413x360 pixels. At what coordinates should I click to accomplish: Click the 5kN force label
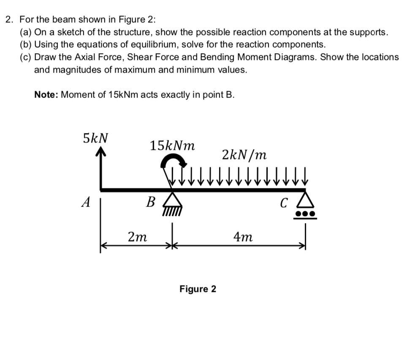[95, 138]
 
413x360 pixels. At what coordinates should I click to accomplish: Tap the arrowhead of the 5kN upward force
[101, 151]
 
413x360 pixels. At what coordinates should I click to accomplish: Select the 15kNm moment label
[172, 145]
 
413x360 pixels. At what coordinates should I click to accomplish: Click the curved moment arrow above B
[173, 158]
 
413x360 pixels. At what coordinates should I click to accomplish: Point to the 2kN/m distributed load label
[244, 155]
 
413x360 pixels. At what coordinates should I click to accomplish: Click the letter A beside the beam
[86, 202]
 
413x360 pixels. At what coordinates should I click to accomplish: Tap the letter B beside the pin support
[150, 202]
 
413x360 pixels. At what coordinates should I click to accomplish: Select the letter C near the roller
[283, 203]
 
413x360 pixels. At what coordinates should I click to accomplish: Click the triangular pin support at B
[172, 199]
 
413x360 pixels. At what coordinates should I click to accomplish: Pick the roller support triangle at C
[305, 200]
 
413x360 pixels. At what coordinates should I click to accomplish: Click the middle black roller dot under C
[305, 213]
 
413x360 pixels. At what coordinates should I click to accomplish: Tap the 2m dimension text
[137, 237]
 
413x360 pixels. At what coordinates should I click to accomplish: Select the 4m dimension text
[243, 237]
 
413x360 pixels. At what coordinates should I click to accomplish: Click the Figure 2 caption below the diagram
[198, 289]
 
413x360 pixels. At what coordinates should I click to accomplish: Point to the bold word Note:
[46, 95]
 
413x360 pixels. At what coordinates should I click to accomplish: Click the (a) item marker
[26, 32]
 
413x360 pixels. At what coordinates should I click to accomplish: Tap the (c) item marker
[26, 57]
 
